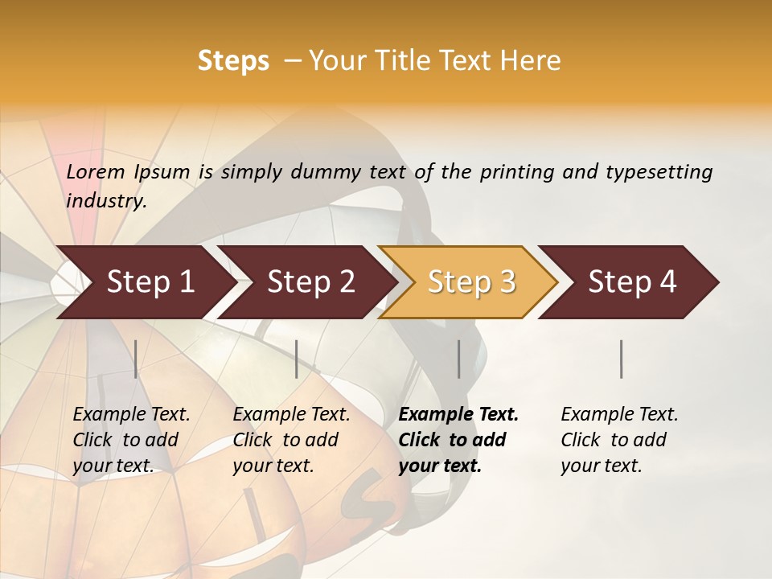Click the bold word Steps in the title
(233, 61)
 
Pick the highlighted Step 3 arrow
(471, 282)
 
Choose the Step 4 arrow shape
(632, 282)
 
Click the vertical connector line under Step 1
(136, 359)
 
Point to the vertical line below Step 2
(297, 359)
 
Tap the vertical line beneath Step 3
(459, 359)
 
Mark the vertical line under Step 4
(622, 359)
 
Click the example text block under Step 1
(131, 440)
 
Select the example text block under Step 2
(291, 440)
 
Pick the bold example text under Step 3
(458, 440)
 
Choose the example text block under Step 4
(619, 440)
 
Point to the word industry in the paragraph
(106, 200)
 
